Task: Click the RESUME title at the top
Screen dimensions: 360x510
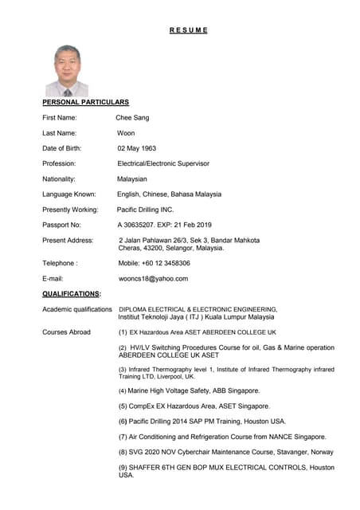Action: (188, 30)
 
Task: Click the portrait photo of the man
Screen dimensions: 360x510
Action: (67, 71)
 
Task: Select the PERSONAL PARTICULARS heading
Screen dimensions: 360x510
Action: (85, 103)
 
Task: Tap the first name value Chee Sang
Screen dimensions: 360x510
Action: (132, 118)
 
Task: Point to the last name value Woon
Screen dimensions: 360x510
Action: (126, 133)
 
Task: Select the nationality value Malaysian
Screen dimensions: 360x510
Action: (132, 179)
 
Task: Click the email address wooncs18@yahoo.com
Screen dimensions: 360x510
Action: (153, 279)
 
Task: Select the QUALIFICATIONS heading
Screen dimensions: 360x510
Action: (71, 293)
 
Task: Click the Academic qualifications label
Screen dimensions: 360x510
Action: (77, 309)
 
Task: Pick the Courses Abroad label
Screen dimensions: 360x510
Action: (66, 331)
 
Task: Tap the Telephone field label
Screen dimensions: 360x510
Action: (60, 263)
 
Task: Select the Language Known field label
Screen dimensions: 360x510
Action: (69, 194)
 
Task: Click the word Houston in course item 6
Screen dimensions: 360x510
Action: (268, 422)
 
